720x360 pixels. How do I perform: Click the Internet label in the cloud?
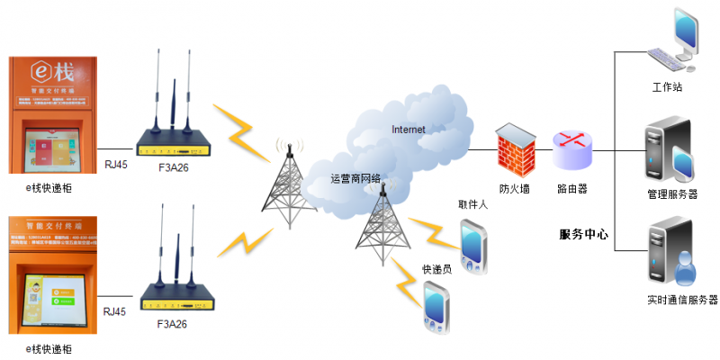[x=408, y=129]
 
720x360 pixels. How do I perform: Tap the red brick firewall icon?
[x=515, y=147]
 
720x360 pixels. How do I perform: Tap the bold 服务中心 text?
[x=583, y=234]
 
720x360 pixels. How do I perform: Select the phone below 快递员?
[x=436, y=306]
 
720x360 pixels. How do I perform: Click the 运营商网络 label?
[x=355, y=178]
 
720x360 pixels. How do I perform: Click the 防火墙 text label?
[x=515, y=189]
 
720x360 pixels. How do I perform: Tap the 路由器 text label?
[x=572, y=189]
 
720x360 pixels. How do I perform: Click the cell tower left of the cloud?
[x=289, y=184]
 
